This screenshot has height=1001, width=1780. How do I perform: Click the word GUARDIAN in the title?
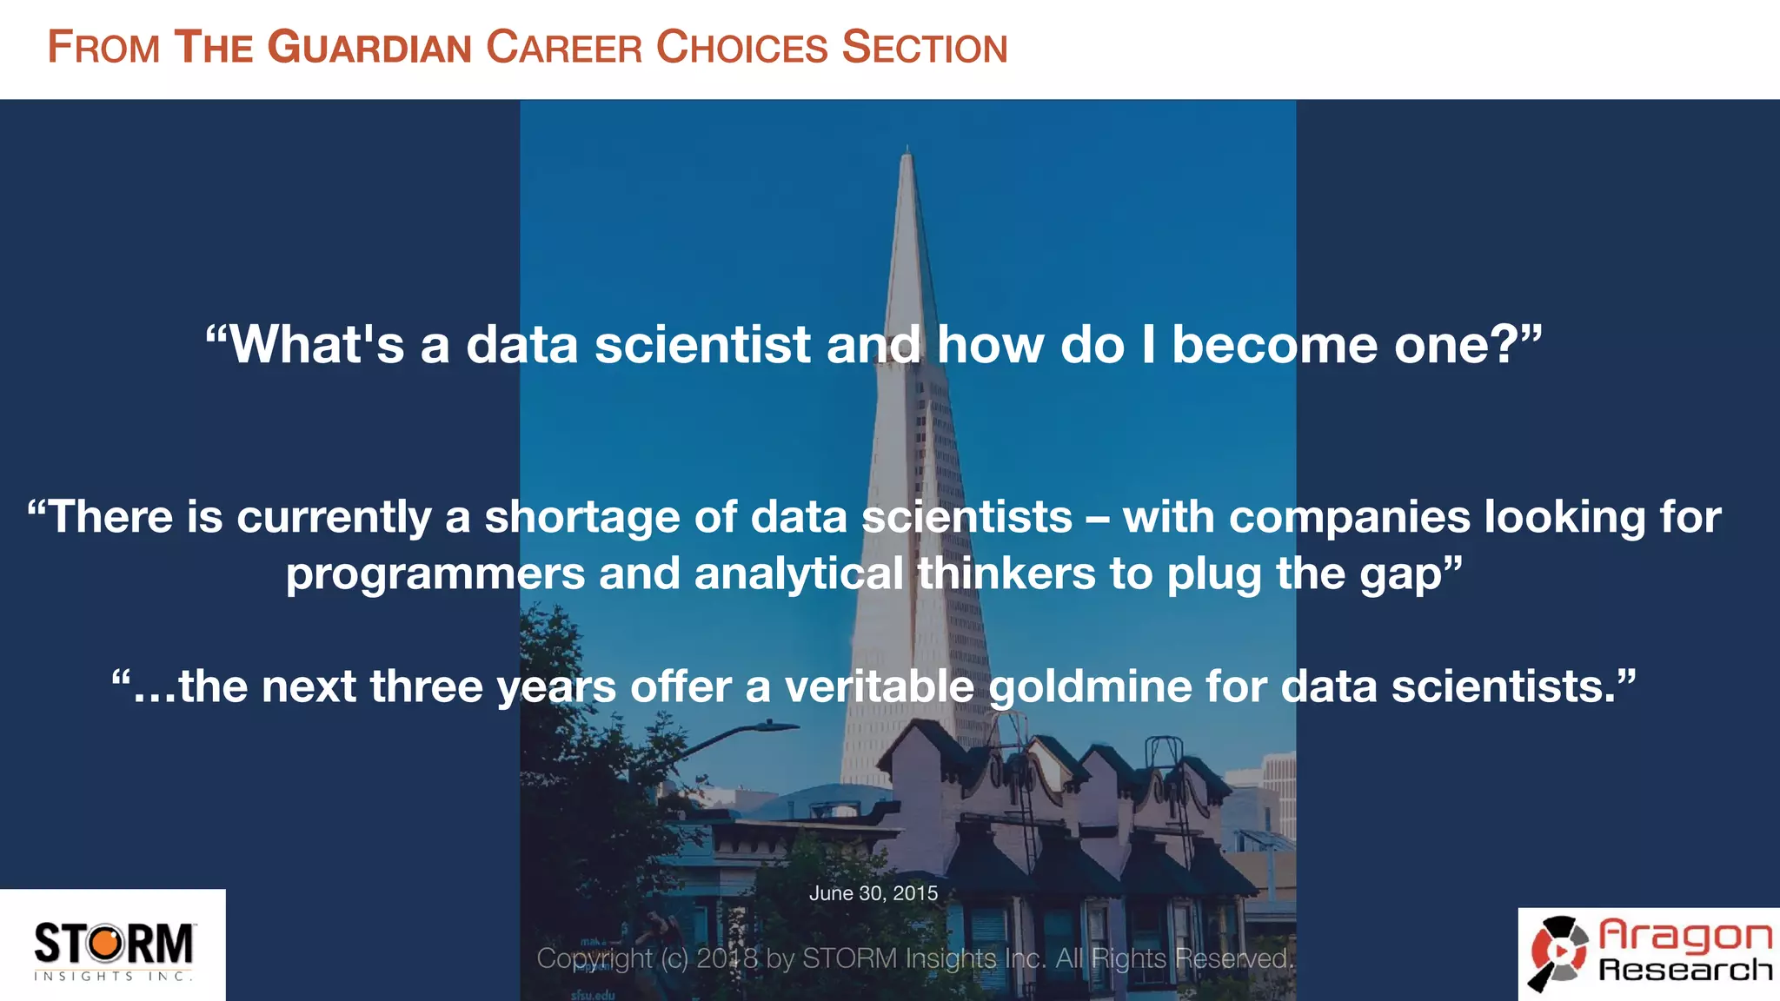click(x=369, y=48)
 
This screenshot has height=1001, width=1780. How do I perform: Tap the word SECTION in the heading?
click(x=925, y=48)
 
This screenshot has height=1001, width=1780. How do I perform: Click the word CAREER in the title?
click(x=563, y=48)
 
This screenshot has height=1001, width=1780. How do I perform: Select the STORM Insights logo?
click(x=113, y=948)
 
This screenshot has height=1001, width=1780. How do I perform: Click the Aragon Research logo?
click(x=1650, y=954)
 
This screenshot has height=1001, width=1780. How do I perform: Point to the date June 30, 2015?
click(x=873, y=893)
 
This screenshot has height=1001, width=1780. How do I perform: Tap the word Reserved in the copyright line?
click(x=1232, y=958)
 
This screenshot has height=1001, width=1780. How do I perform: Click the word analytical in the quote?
click(x=799, y=574)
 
